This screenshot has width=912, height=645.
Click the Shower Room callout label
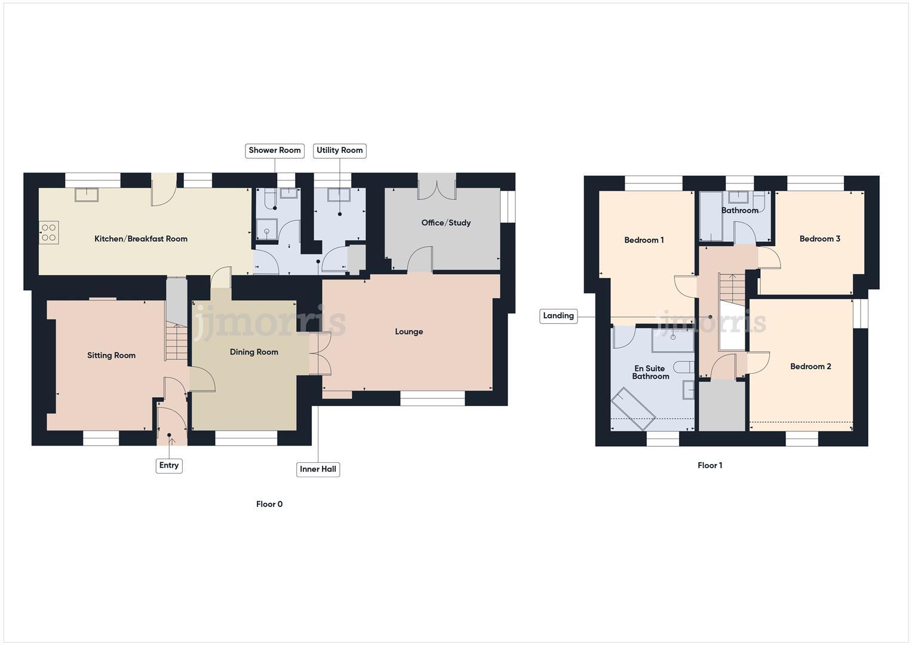[275, 150]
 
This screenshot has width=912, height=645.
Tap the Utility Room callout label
[339, 150]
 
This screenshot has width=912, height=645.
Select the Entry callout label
[169, 465]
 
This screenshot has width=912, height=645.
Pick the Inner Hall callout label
[318, 469]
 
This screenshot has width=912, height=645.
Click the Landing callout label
[558, 316]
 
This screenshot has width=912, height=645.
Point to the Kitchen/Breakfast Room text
[141, 239]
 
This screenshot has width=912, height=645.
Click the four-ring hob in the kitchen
[49, 232]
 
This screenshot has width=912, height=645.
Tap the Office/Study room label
[446, 223]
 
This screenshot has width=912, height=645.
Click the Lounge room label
[409, 331]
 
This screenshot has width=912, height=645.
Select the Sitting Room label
[111, 355]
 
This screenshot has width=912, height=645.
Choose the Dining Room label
[254, 352]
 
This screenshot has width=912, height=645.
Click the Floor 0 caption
[269, 504]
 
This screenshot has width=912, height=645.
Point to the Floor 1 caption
[710, 465]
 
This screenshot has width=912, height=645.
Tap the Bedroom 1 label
[644, 240]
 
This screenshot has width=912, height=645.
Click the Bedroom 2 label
[810, 367]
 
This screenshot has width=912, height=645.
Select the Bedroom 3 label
[819, 239]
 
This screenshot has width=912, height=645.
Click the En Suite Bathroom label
[650, 372]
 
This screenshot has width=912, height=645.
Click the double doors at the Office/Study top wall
[437, 186]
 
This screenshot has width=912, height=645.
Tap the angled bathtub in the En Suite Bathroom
[634, 408]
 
